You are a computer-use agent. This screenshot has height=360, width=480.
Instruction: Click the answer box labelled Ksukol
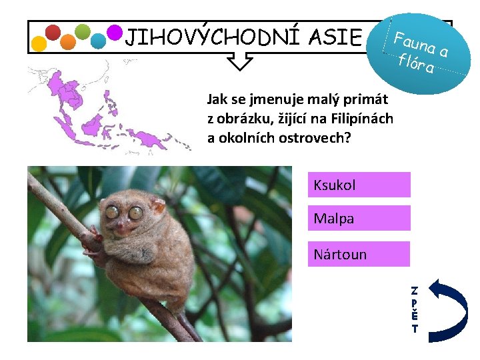359,185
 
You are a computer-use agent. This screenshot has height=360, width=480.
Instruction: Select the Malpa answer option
359,218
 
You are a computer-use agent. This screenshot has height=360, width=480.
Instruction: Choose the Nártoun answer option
359,254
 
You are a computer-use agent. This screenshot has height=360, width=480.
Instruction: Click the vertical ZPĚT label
415,309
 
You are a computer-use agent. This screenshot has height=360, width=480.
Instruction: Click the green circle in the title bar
83,31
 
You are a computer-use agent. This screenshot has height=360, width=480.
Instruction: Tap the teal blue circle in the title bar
99,41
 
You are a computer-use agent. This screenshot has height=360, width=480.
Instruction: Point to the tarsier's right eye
135,213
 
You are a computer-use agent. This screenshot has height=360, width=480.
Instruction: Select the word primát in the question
369,100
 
